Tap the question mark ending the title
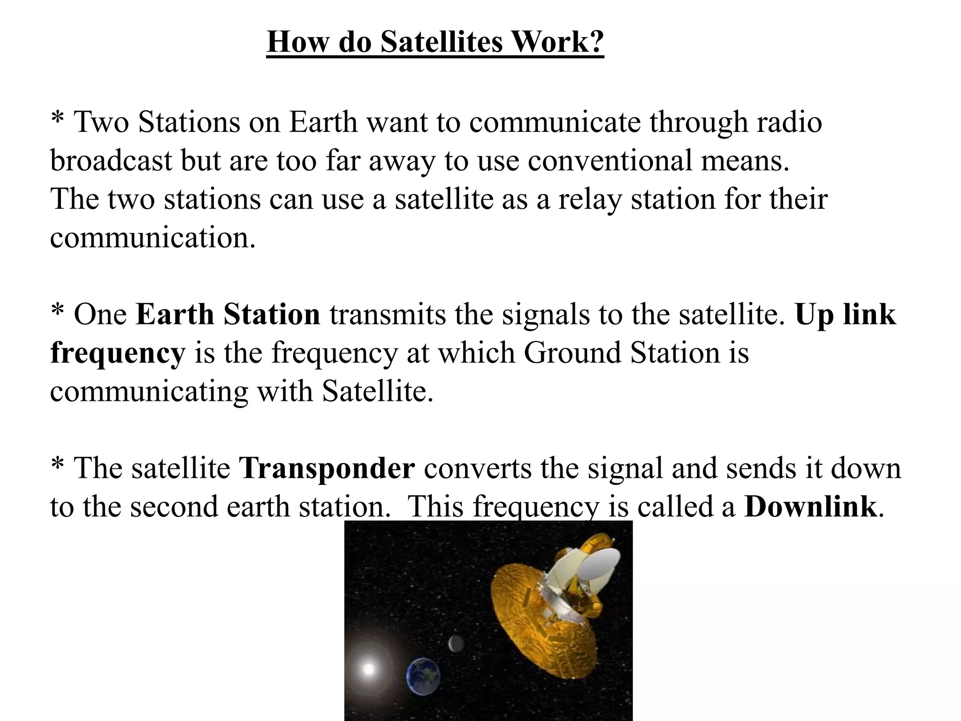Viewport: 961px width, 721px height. click(x=595, y=42)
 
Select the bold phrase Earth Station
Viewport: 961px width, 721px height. click(x=228, y=314)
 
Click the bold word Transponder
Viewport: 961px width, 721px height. click(x=327, y=468)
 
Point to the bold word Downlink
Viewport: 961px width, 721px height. click(x=810, y=506)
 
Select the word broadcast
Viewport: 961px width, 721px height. click(x=111, y=161)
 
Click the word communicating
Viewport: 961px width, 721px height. click(x=149, y=391)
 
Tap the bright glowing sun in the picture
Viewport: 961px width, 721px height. click(x=369, y=667)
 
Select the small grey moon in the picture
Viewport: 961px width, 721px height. click(x=454, y=644)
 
